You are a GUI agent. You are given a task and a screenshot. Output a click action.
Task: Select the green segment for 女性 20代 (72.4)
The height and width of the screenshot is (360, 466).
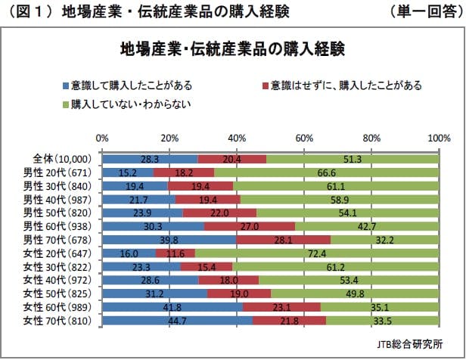pos(317,253)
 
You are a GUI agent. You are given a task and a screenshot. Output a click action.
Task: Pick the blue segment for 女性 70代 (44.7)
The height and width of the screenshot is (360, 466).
pos(177,321)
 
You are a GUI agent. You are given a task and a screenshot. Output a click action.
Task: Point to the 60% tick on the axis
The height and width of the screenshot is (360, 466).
pos(304,139)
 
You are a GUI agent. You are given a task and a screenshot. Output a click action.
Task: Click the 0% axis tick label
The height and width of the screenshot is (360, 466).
pos(102,139)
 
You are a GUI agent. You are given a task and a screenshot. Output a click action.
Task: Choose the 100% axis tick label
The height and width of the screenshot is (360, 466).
pos(439,139)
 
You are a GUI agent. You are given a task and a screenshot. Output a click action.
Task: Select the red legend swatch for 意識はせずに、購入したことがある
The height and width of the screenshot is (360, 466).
pos(263,85)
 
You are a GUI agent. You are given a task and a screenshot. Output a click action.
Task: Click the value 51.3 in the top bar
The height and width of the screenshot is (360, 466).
pos(353,159)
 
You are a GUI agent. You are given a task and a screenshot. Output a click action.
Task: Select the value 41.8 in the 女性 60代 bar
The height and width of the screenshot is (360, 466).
pos(174,307)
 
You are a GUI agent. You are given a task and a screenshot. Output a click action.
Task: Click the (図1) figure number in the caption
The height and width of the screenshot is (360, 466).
pos(30,11)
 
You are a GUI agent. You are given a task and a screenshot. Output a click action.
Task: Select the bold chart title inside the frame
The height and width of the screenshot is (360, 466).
pos(233,50)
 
